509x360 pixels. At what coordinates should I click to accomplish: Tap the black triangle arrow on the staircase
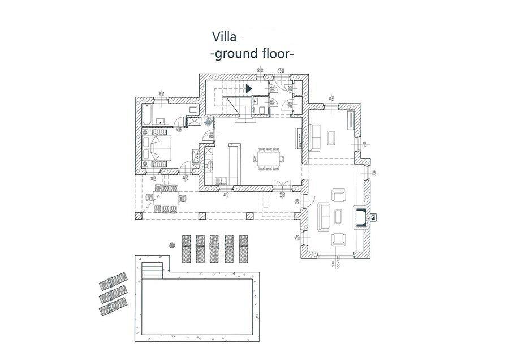pos(248,88)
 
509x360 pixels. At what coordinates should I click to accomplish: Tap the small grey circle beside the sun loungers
pos(172,245)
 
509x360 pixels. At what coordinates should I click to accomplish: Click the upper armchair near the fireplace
pos(339,196)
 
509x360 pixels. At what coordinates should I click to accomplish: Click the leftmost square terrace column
pos(136,216)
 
